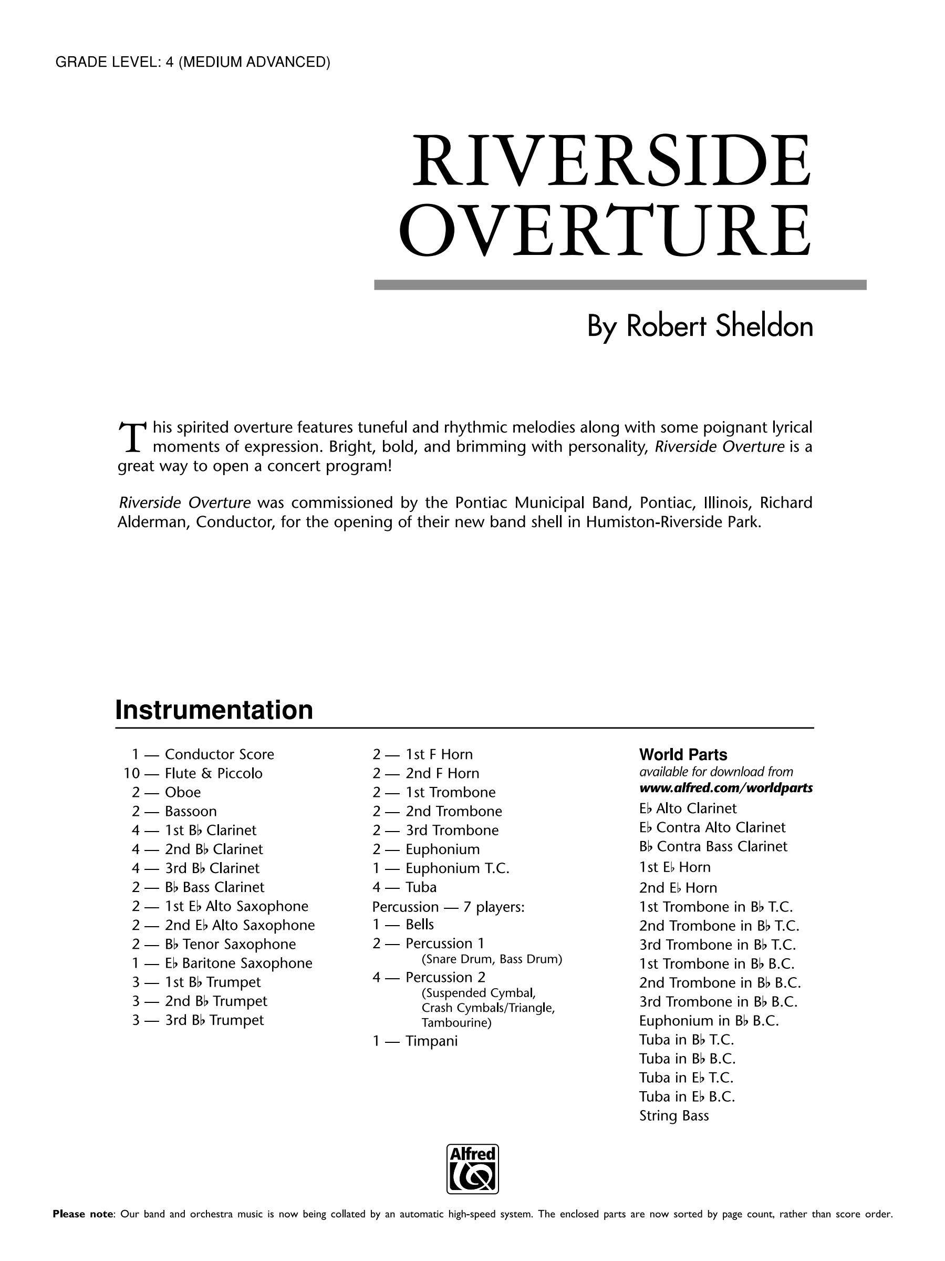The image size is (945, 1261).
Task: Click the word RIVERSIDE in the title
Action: pyautogui.click(x=610, y=161)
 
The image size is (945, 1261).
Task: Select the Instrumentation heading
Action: pyautogui.click(x=214, y=710)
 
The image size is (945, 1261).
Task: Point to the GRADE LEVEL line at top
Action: pyautogui.click(x=193, y=62)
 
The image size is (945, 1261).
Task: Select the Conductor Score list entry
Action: pyautogui.click(x=219, y=754)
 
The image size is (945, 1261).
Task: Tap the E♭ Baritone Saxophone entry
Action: pyautogui.click(x=238, y=963)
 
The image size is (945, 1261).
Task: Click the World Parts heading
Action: pyautogui.click(x=683, y=755)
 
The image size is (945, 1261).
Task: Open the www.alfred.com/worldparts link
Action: pyautogui.click(x=726, y=788)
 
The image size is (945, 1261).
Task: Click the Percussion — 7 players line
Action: pyautogui.click(x=448, y=906)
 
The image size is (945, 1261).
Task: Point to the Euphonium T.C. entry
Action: pyautogui.click(x=457, y=868)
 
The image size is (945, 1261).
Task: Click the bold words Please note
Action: pyautogui.click(x=83, y=1229)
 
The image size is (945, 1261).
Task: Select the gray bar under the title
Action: pyautogui.click(x=620, y=284)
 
